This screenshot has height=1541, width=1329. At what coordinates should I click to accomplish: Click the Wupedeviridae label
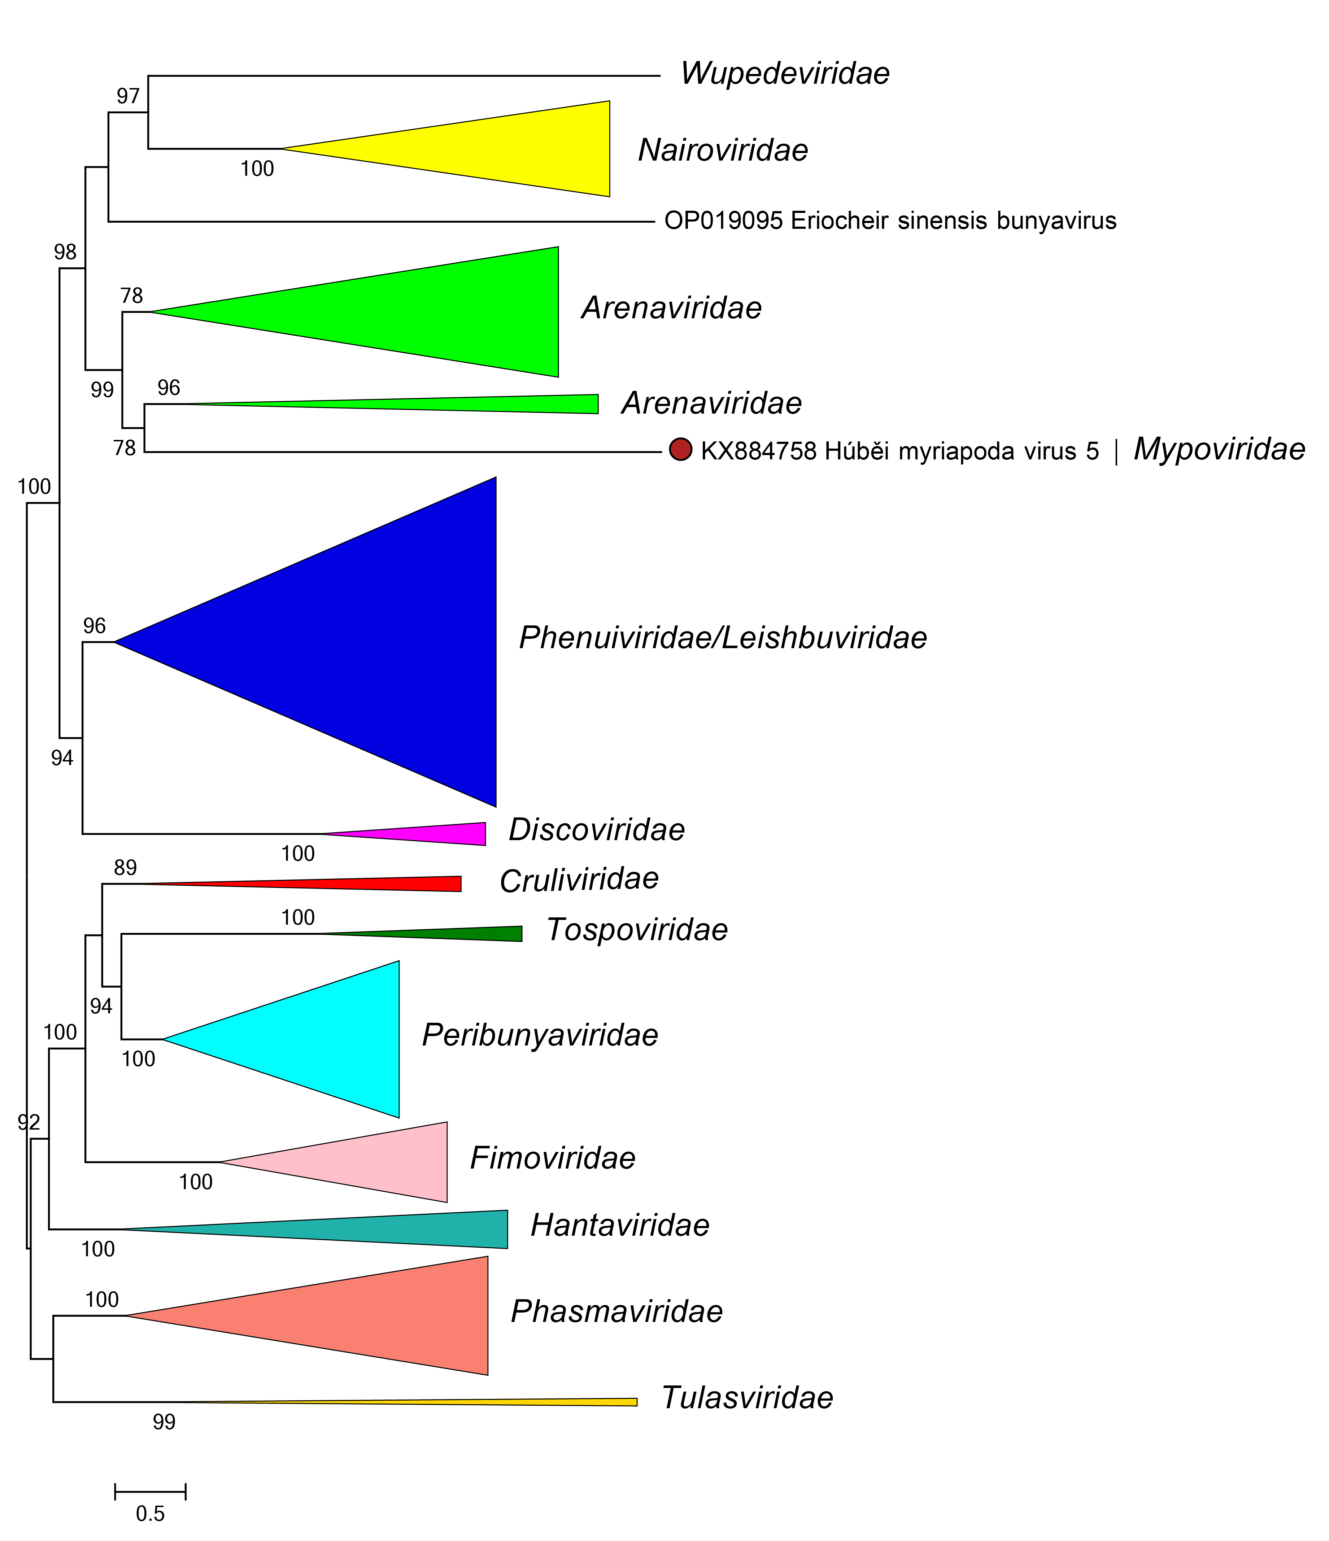point(785,74)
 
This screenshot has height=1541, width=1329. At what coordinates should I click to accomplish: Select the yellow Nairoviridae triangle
point(520,149)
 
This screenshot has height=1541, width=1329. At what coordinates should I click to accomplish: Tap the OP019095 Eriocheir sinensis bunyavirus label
point(889,221)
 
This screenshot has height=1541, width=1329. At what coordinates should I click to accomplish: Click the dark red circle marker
point(680,450)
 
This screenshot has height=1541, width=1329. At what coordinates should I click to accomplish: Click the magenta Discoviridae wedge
point(446,834)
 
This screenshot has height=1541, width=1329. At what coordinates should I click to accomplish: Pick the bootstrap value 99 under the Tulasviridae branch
point(164,1422)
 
